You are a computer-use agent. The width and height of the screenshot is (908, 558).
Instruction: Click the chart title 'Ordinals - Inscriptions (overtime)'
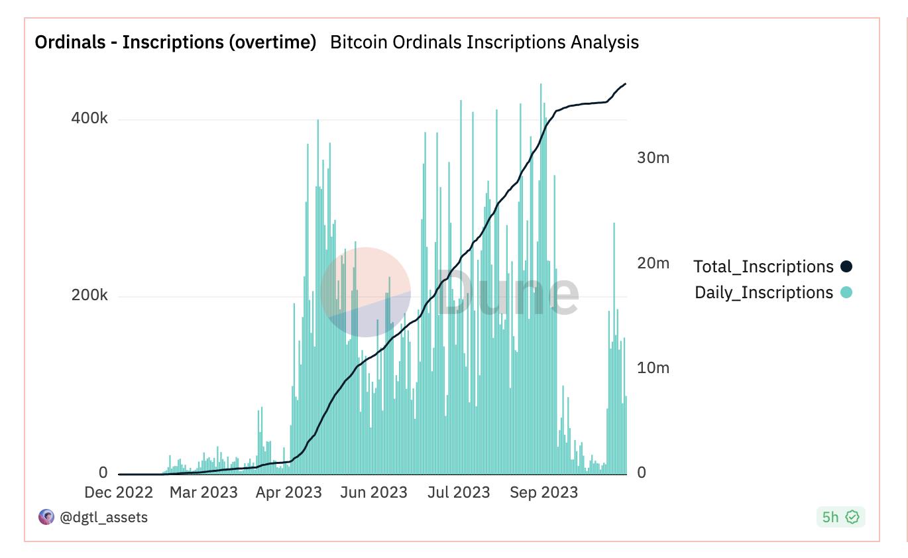[x=175, y=42]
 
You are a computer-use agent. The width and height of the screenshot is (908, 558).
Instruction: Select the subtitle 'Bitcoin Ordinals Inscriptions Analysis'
[x=484, y=42]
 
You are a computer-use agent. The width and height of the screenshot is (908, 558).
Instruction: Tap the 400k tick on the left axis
[x=89, y=119]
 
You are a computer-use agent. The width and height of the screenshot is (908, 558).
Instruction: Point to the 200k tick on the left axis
[x=89, y=296]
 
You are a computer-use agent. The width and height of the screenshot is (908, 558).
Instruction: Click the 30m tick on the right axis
[x=653, y=158]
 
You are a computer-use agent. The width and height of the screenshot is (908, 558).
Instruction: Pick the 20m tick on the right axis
[x=653, y=263]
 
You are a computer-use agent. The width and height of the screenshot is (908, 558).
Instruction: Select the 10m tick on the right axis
[x=653, y=368]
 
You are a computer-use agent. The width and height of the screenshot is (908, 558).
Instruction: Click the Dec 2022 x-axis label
[x=119, y=492]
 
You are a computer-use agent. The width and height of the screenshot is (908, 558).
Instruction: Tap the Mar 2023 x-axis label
[x=203, y=492]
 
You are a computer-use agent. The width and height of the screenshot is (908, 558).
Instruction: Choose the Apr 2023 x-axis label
[x=288, y=492]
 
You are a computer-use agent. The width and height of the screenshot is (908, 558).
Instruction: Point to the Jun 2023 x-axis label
[x=374, y=492]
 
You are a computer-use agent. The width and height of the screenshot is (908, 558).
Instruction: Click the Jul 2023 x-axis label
[x=458, y=492]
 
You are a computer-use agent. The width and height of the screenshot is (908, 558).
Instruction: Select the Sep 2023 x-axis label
[x=543, y=492]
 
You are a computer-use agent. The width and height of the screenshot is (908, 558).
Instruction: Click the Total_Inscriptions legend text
[x=763, y=266]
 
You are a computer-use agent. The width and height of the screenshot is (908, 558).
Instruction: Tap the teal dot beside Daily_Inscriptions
[x=846, y=292]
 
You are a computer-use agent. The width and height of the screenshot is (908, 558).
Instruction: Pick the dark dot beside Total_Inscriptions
[x=846, y=266]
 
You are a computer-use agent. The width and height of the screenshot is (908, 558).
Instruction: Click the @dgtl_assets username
[x=104, y=517]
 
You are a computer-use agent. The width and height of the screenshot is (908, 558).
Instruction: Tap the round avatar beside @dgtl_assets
[x=46, y=517]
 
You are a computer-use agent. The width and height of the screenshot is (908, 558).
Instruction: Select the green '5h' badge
[x=840, y=517]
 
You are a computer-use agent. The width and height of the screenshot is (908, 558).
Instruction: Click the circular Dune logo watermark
[x=365, y=292]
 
